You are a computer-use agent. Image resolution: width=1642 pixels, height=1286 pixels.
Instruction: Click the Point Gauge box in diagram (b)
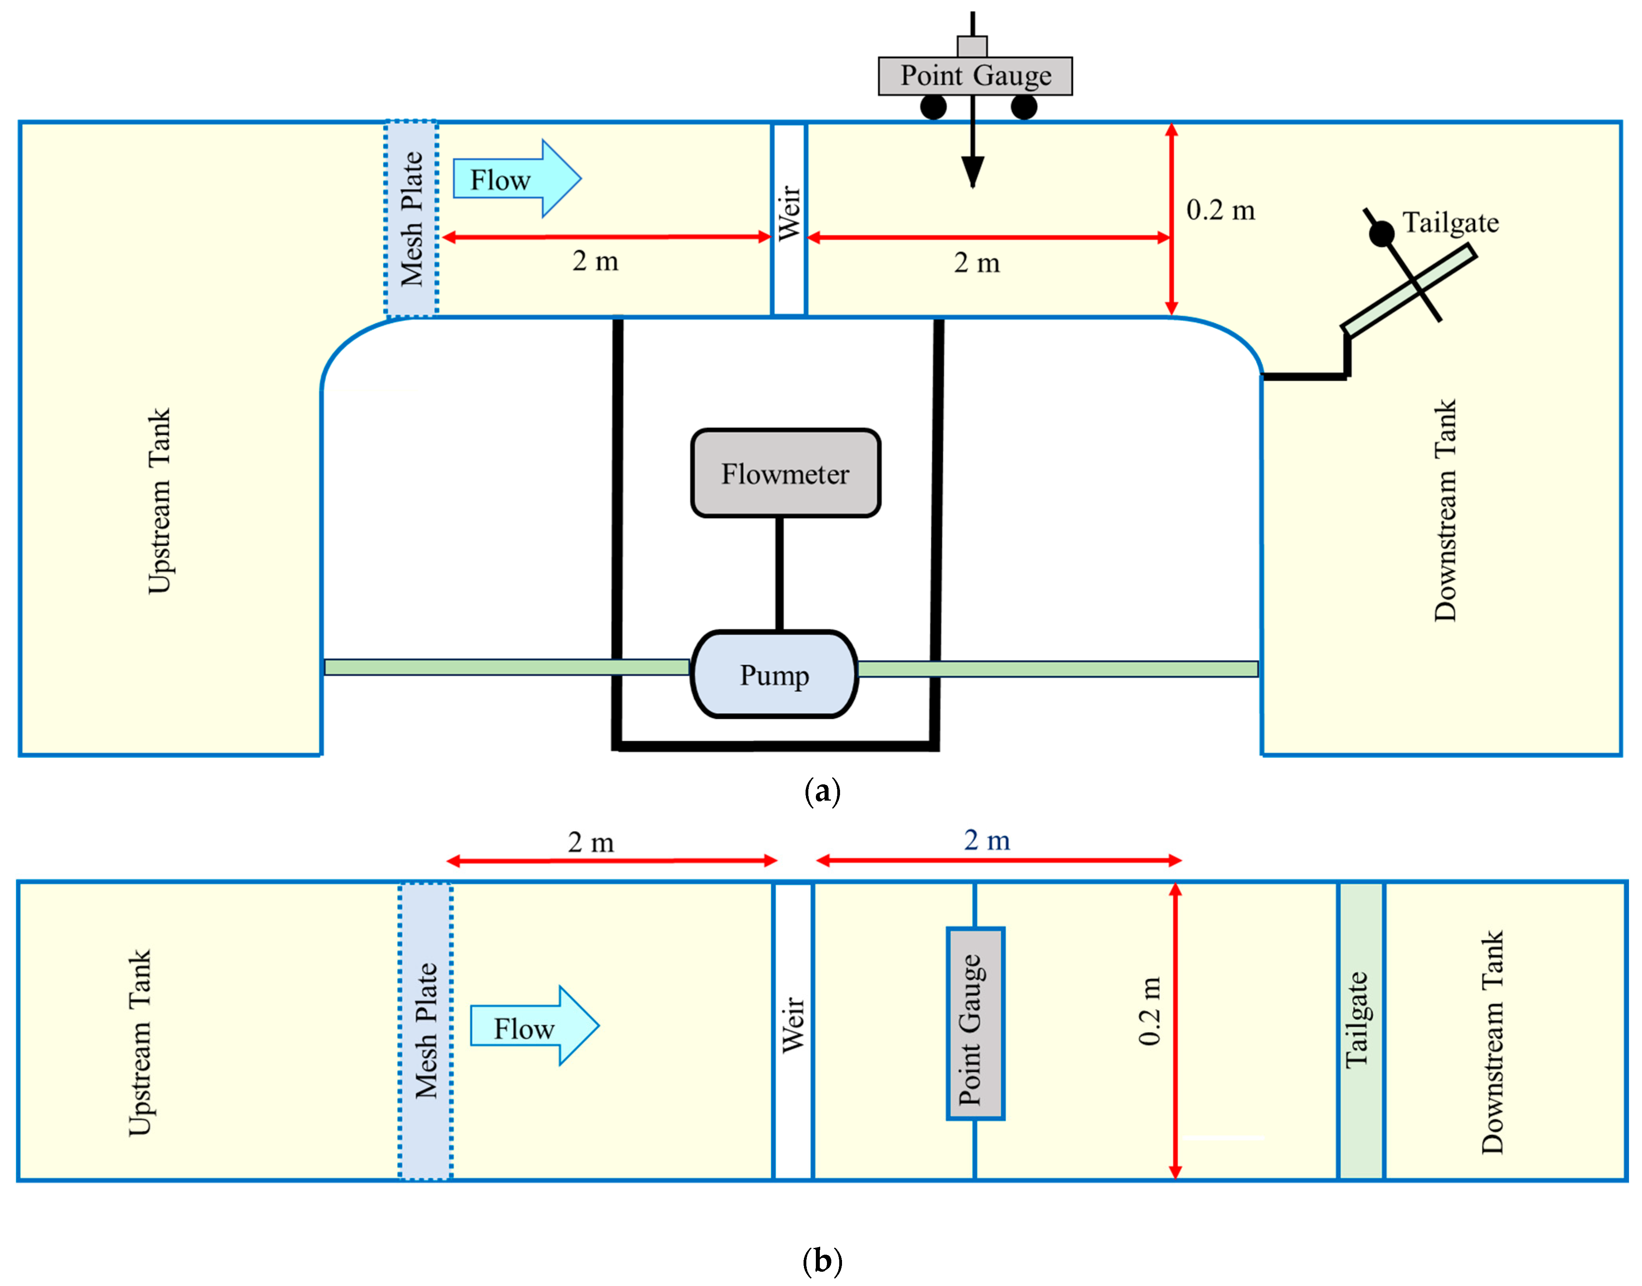pos(975,1024)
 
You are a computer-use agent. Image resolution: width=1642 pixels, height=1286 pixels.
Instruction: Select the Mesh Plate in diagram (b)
pos(425,1031)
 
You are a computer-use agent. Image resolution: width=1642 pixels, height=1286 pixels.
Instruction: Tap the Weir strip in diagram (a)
pos(788,218)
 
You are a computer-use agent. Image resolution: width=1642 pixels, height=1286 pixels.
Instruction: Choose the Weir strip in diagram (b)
pos(793,1031)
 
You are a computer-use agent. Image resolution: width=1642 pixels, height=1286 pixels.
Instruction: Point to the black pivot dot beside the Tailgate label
pos(1381,234)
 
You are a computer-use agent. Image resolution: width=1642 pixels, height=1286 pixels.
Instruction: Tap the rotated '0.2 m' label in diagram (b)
pos(1149,1011)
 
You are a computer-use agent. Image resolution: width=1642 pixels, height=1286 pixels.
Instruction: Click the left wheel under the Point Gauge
pos(933,107)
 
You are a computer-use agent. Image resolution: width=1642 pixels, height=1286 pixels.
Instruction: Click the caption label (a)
pos(822,792)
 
